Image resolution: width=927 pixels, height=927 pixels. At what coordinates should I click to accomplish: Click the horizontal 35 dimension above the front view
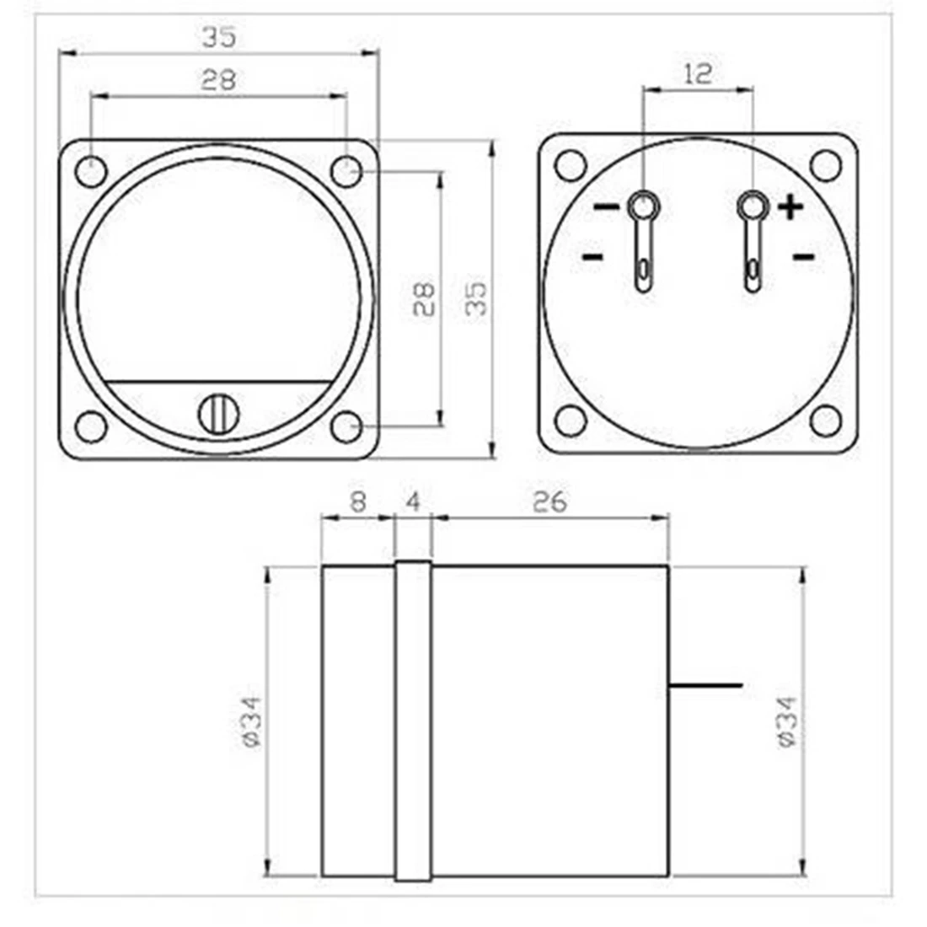coord(218,37)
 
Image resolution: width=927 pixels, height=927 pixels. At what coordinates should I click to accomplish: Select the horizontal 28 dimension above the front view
coord(218,80)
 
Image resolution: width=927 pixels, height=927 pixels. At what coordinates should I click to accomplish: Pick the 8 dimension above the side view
coord(358,502)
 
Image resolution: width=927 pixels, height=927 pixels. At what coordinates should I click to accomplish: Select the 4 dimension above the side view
coord(413,502)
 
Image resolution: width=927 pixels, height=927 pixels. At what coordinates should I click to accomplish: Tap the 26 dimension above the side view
coord(549,502)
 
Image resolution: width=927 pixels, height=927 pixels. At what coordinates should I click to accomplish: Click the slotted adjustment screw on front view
coord(219,412)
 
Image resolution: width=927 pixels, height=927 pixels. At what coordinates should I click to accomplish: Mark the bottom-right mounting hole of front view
coord(346,426)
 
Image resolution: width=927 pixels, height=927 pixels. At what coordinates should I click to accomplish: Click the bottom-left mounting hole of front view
coord(91,426)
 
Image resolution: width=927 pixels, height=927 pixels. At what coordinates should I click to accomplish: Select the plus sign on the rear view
coord(790,206)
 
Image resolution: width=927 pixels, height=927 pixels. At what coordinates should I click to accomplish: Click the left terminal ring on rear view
coord(643,205)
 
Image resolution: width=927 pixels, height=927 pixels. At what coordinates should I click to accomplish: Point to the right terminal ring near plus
coord(752,205)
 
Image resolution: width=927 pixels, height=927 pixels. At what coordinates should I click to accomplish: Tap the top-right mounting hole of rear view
coord(825,164)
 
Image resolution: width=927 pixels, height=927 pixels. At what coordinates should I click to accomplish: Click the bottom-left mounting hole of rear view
coord(571,420)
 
